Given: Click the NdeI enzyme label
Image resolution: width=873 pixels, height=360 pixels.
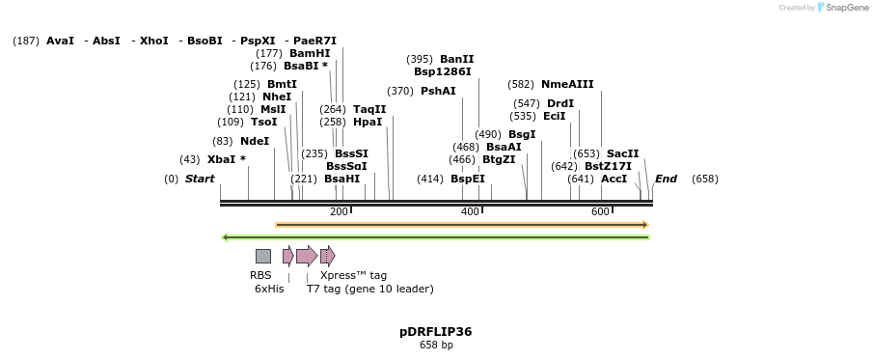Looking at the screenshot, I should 255,141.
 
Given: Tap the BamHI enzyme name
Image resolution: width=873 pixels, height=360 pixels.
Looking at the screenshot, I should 310,53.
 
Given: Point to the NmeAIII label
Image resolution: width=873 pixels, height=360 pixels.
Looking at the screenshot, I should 567,84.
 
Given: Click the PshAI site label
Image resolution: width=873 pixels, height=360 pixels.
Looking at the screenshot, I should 438,91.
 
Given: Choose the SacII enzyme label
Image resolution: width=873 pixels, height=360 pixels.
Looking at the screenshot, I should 622,153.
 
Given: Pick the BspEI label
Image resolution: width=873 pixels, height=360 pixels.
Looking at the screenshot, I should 468,179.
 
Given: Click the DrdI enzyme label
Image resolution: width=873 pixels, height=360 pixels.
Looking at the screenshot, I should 559,103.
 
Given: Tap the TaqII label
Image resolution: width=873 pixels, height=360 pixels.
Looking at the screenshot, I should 369,109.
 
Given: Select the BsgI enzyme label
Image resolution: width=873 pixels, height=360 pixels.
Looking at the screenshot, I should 522,134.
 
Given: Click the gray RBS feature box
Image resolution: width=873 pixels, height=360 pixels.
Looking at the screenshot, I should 262,256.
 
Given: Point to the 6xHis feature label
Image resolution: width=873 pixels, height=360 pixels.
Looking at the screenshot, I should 269,289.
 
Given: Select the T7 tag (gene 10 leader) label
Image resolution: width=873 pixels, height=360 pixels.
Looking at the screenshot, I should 369,289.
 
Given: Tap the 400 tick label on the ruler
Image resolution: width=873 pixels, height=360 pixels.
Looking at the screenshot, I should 470,211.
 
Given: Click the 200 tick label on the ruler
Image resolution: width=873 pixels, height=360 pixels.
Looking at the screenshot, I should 339,211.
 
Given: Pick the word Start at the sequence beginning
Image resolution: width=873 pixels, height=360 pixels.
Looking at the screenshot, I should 200,179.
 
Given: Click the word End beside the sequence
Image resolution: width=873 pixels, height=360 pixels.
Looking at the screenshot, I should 666,179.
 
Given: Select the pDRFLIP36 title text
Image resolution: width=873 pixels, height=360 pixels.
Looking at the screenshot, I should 436,331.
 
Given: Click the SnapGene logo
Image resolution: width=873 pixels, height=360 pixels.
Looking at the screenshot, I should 839,8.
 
